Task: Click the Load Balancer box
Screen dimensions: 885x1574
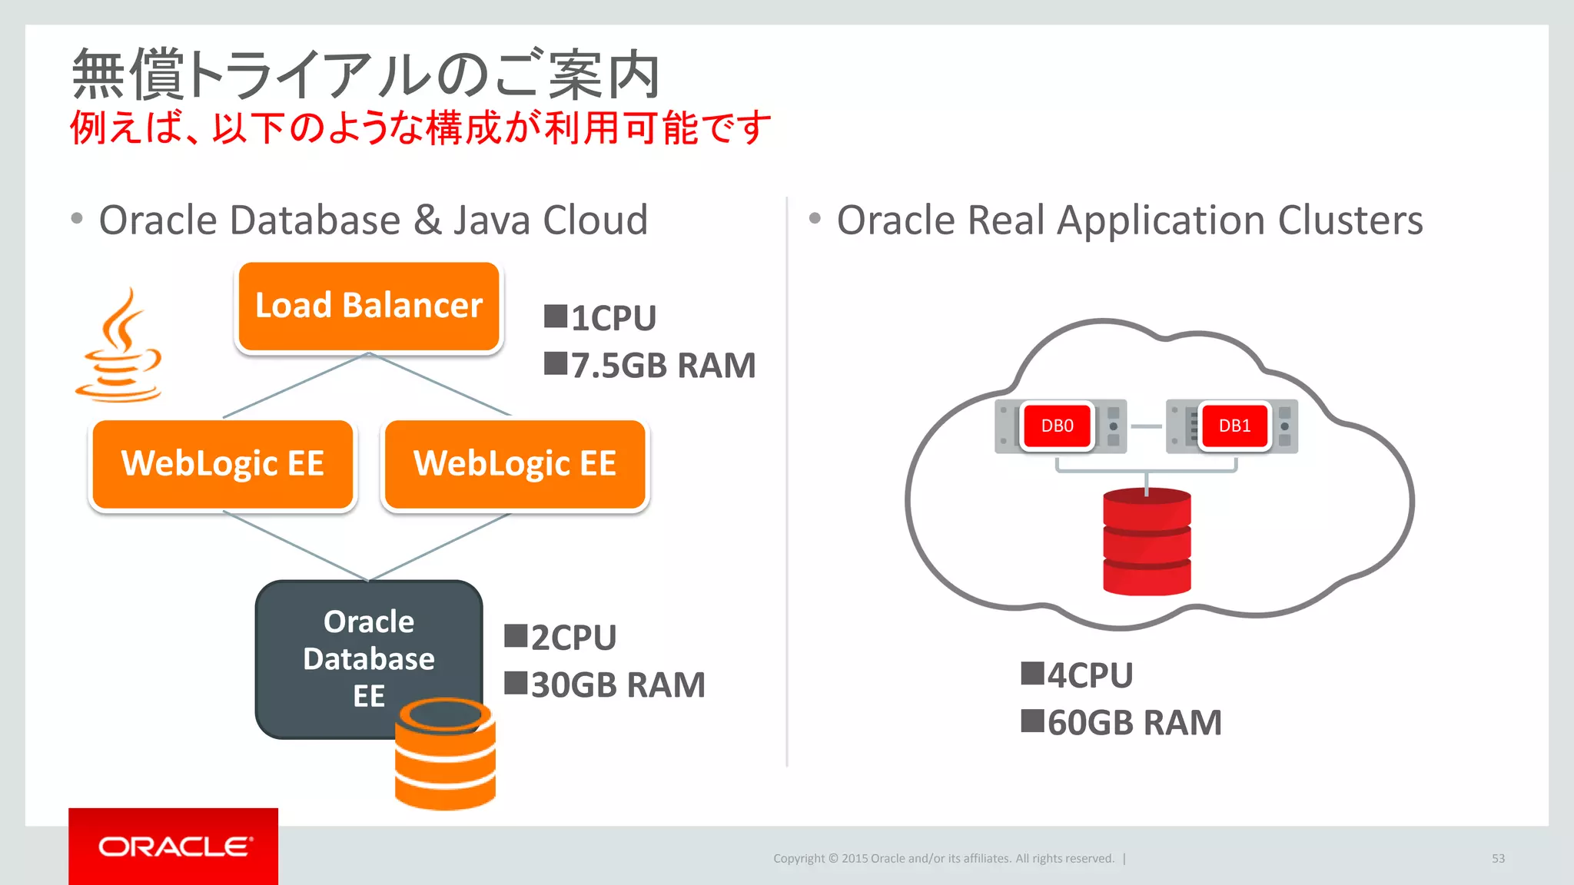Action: [369, 306]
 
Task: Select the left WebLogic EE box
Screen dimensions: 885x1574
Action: [223, 464]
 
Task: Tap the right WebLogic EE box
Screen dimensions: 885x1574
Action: [515, 464]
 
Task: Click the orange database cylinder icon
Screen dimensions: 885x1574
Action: [446, 757]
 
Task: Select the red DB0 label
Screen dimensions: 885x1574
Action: [1057, 426]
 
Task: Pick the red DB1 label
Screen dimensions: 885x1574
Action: [1234, 426]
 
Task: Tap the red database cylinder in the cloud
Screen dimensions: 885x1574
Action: [1147, 542]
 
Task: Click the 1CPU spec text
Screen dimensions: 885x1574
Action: [613, 318]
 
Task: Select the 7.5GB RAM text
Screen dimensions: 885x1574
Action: [662, 365]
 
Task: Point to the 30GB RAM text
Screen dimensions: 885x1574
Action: [617, 684]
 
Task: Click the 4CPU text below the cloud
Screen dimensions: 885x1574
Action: [1089, 675]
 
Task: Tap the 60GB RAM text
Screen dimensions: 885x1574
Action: [1134, 722]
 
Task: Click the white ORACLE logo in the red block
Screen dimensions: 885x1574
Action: [174, 847]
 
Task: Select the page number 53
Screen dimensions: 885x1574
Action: [1498, 858]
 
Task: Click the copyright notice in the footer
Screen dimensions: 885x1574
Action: [943, 858]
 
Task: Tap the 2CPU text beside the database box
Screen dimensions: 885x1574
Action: [573, 638]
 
